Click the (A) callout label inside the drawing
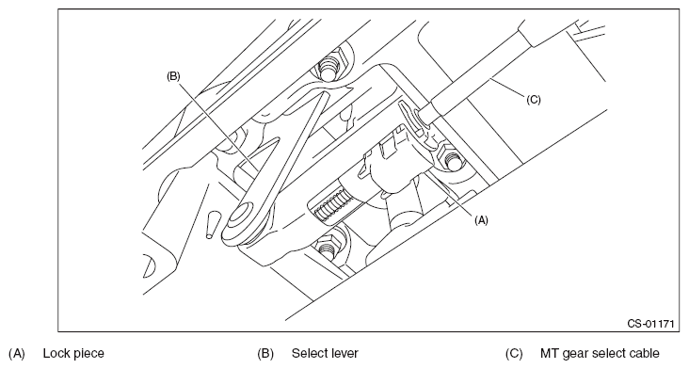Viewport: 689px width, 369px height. pos(481,220)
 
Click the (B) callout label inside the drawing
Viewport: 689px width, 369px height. pos(173,76)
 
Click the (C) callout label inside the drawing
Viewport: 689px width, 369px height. pos(534,100)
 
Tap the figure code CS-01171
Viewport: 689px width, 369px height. pos(650,324)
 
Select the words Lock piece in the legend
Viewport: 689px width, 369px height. pos(73,353)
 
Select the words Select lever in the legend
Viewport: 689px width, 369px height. pos(325,353)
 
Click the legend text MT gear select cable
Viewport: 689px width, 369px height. pos(600,353)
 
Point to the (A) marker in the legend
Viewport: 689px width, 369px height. pos(16,354)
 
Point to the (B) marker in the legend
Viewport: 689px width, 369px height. pos(265,354)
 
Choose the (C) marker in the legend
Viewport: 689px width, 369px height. pos(514,354)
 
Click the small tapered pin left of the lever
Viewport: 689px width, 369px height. pos(212,225)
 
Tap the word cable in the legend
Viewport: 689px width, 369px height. pos(643,353)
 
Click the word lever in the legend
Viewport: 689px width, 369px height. pos(343,353)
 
